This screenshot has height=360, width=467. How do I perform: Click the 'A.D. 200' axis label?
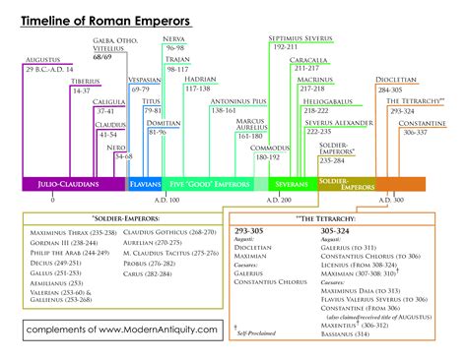click(x=294, y=200)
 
